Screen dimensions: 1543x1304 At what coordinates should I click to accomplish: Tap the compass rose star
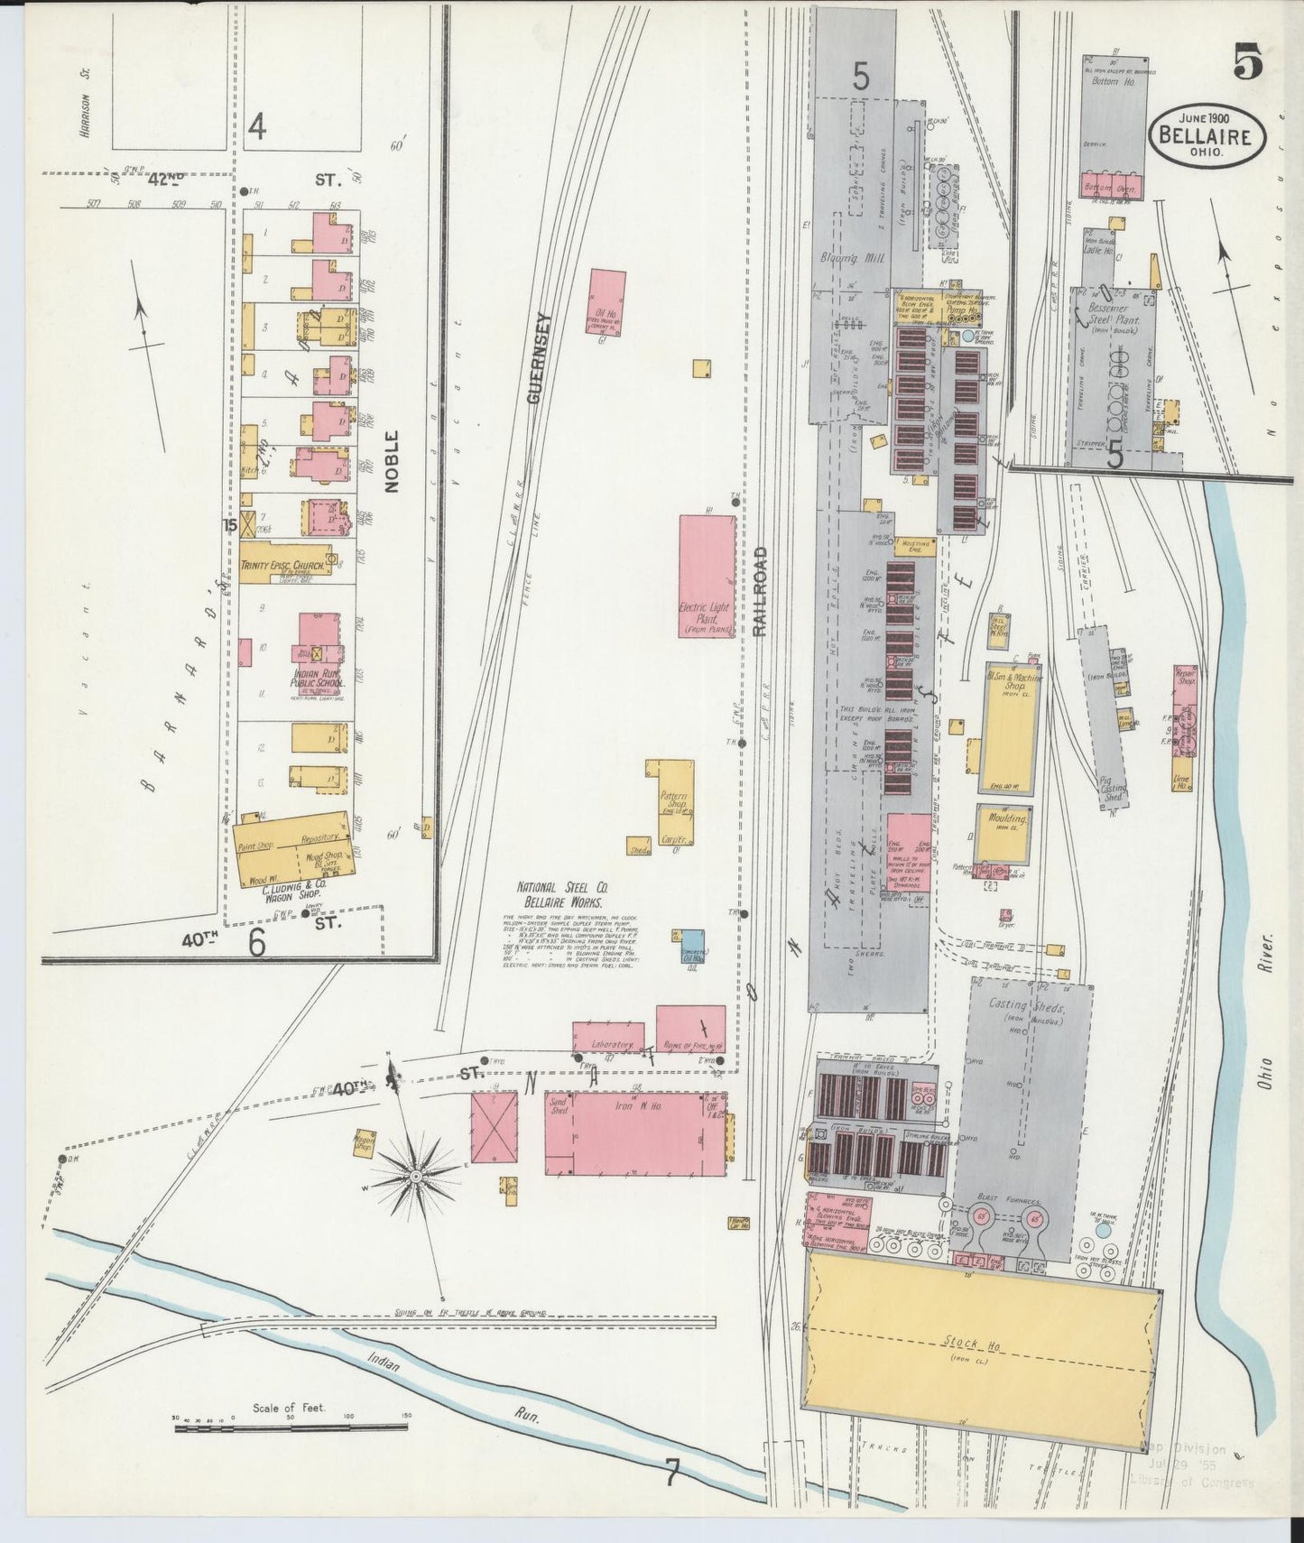416,1176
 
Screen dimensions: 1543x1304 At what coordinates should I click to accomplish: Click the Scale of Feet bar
291,1427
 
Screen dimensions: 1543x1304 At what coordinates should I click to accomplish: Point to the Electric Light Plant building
707,577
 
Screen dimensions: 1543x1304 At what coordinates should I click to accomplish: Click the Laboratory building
608,1038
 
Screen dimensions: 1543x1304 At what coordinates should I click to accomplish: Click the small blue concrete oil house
692,946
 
